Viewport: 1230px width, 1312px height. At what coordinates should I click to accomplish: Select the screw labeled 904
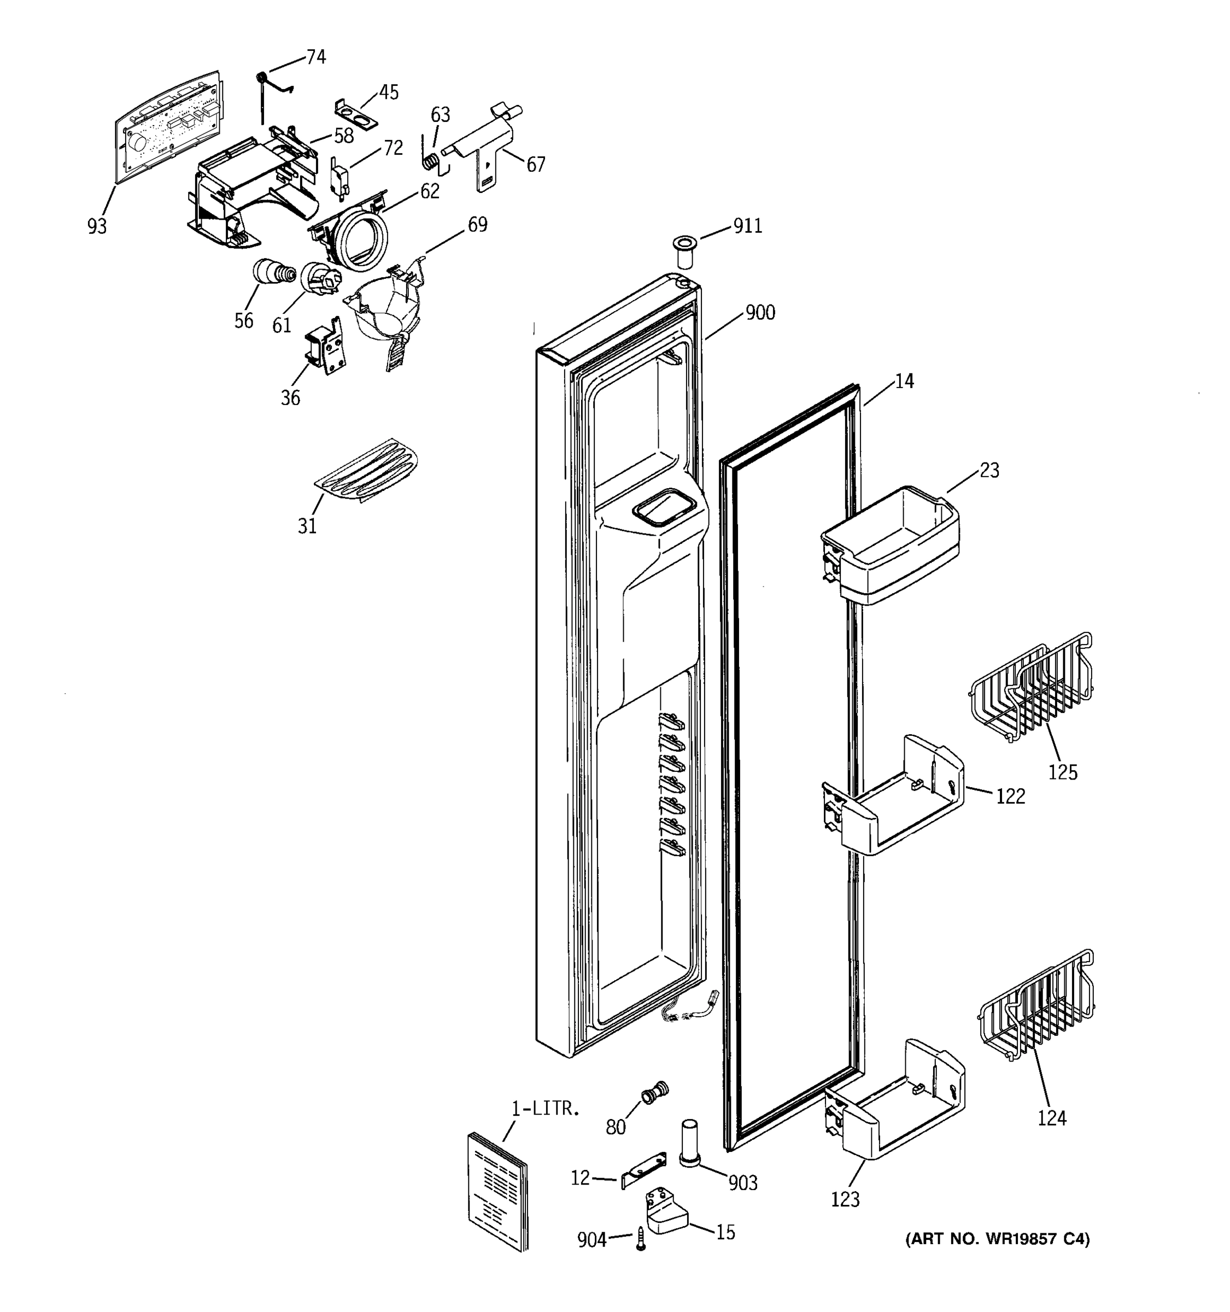click(x=641, y=1239)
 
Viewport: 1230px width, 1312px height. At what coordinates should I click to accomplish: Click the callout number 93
click(x=96, y=226)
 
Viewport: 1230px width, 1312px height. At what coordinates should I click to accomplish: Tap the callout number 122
click(x=1010, y=796)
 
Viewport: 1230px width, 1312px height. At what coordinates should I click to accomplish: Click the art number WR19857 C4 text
click(x=997, y=1239)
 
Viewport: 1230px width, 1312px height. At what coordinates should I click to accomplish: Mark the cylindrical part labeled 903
click(x=689, y=1143)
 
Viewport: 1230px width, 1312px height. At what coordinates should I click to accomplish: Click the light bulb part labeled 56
click(x=271, y=271)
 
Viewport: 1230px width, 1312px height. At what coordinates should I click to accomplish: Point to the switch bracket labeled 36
click(x=325, y=346)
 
